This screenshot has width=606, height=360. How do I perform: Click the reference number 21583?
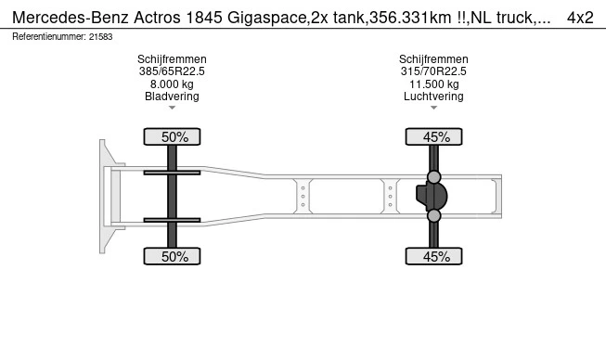(x=100, y=37)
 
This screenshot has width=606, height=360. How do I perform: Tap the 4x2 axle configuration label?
(x=580, y=18)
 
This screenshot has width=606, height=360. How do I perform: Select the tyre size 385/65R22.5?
(x=172, y=71)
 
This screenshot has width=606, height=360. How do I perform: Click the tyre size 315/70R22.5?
(x=433, y=71)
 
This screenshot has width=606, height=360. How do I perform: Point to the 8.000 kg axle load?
(x=172, y=84)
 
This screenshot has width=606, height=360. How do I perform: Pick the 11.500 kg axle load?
(x=434, y=84)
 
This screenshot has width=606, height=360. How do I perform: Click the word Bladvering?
(x=172, y=96)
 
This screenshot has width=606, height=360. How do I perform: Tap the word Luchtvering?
(x=433, y=96)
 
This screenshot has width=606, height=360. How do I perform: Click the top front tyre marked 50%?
(x=172, y=136)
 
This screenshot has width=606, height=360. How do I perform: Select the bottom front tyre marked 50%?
(x=172, y=256)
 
